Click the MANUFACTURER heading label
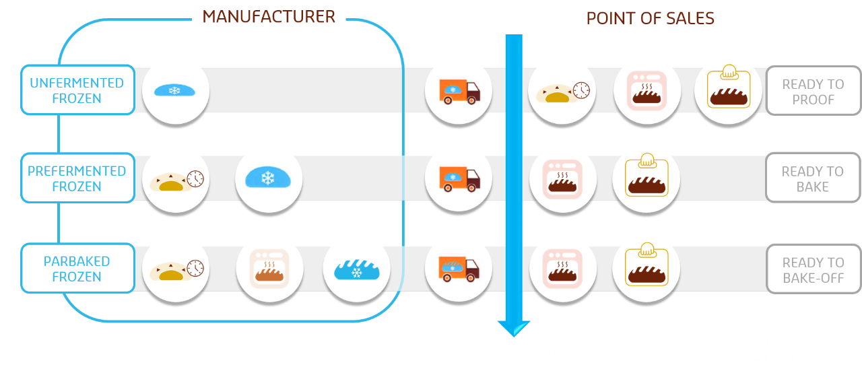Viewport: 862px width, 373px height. tap(269, 17)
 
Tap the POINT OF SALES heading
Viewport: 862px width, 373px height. tap(650, 18)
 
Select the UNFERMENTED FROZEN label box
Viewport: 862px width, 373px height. tap(77, 90)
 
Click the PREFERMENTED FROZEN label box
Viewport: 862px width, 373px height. tap(77, 178)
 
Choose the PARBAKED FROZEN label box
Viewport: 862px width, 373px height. tap(77, 269)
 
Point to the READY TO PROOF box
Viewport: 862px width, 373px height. tap(813, 92)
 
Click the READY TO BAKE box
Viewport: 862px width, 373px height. tap(813, 178)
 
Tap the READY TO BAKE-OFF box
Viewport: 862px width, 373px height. tap(813, 269)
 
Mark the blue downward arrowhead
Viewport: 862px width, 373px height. tap(513, 328)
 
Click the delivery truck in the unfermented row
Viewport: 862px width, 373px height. tap(459, 90)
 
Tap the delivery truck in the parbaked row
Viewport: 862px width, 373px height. tap(459, 269)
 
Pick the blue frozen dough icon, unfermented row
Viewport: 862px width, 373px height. tap(174, 90)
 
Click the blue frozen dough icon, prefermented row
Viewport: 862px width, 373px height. tap(268, 178)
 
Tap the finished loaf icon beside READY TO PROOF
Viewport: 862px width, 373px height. tap(727, 90)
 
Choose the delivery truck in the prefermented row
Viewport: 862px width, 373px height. tap(459, 178)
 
